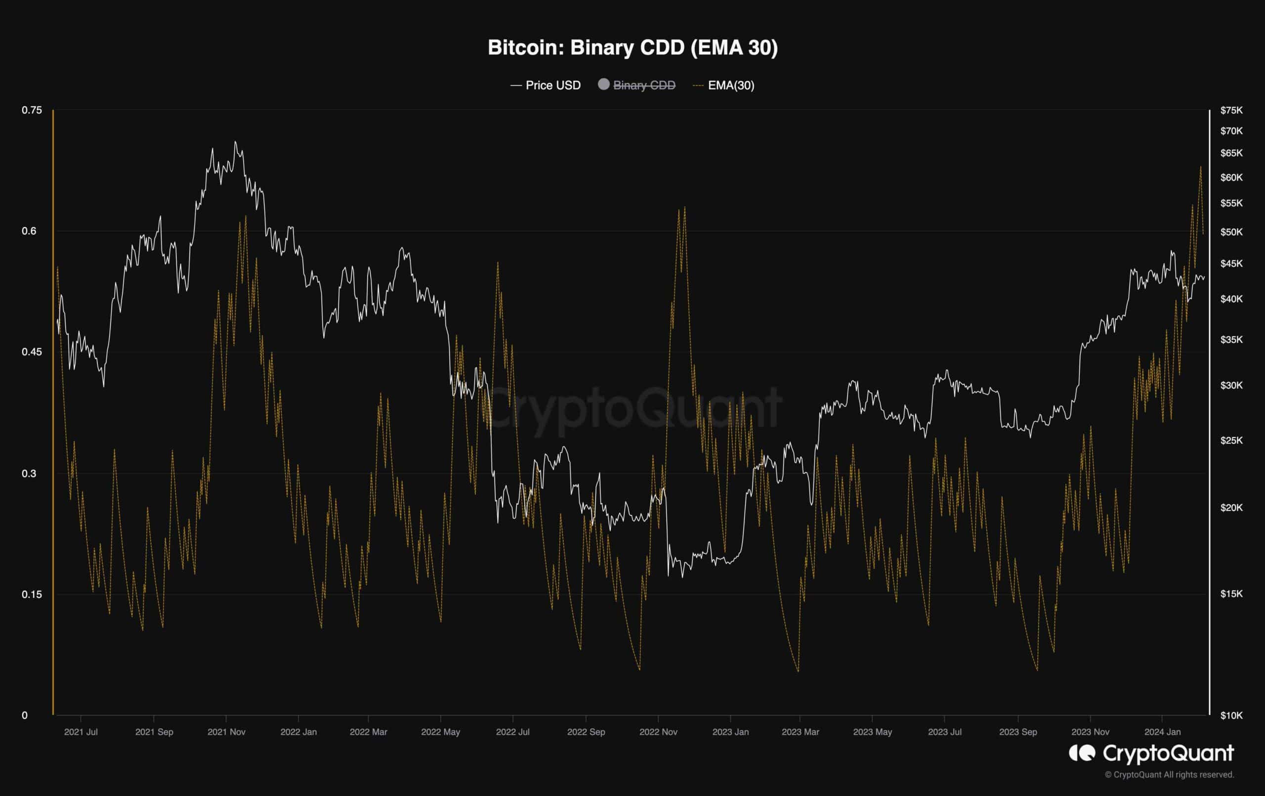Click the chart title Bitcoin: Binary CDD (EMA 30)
(632, 48)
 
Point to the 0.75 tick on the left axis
(32, 110)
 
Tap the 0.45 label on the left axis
(32, 352)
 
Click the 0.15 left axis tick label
(32, 595)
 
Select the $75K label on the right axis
(1231, 110)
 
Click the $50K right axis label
(1231, 232)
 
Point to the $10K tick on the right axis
(1231, 715)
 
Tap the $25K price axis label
(1231, 440)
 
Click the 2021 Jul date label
(81, 732)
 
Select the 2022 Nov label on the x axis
(658, 732)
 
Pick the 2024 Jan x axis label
(1163, 732)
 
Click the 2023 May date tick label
(872, 732)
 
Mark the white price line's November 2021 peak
(235, 142)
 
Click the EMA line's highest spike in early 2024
(1200, 167)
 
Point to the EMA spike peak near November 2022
(684, 207)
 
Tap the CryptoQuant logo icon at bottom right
(1082, 754)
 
